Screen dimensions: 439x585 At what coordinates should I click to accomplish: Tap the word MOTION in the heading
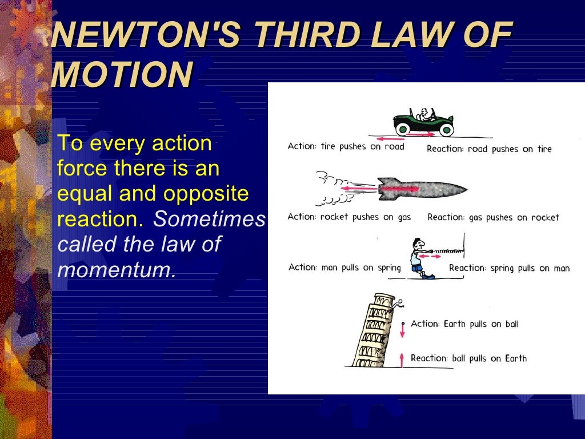coord(121,74)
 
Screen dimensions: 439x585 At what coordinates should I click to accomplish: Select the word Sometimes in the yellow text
coord(210,219)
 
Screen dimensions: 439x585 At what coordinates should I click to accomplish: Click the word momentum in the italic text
coord(116,269)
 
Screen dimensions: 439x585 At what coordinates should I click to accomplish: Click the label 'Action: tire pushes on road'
coord(346,146)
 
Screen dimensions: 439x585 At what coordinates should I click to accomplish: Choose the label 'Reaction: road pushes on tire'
coord(489,149)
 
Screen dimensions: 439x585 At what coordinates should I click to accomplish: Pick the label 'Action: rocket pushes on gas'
coord(349,217)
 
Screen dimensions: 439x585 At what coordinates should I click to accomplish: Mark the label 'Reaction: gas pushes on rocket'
coord(493,217)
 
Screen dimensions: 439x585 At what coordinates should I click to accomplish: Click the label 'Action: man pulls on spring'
coord(344,268)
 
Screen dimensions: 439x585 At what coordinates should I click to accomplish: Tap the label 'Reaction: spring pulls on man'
coord(509,268)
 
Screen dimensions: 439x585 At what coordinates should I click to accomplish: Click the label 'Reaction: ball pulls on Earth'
coord(468,358)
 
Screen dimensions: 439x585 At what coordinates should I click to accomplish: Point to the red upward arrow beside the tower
coord(402,359)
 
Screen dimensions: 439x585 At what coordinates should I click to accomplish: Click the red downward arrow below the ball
coord(402,330)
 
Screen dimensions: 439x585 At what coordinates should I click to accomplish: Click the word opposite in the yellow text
coord(206,194)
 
